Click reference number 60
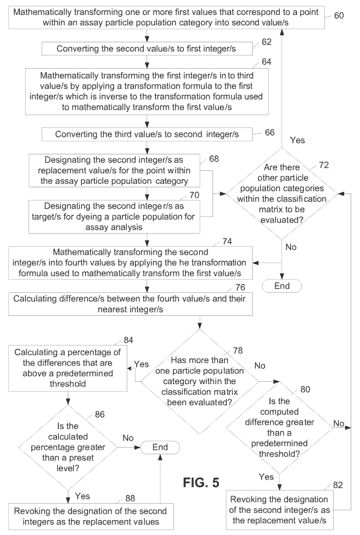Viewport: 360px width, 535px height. coord(339,15)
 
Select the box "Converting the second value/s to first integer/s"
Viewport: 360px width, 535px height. coord(147,49)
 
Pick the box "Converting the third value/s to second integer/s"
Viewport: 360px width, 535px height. coord(147,133)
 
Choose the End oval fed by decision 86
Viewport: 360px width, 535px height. coord(160,448)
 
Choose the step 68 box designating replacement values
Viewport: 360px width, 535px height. coord(114,171)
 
